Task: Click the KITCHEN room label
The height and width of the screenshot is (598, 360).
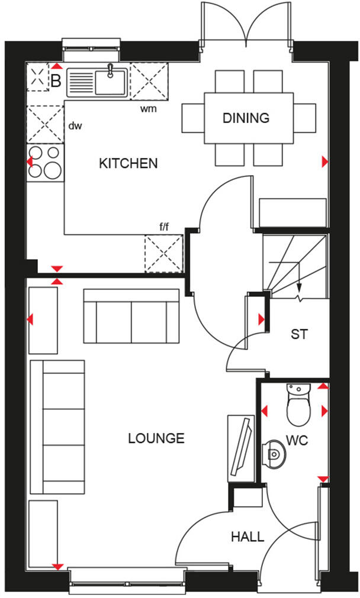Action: (x=128, y=163)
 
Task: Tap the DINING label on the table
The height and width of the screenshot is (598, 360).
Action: (x=246, y=118)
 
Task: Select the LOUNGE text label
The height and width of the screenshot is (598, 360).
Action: (x=156, y=438)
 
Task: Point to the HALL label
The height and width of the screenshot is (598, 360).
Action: (x=247, y=537)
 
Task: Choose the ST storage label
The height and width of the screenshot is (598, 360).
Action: (x=299, y=334)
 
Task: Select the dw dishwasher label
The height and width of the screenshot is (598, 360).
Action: (x=74, y=125)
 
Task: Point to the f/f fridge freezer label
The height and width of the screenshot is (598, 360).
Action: (x=164, y=226)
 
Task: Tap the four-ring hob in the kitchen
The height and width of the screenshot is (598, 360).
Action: (x=45, y=161)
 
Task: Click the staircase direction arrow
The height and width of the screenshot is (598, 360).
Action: (x=299, y=284)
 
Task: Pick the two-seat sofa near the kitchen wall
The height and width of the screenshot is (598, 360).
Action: (x=131, y=316)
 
